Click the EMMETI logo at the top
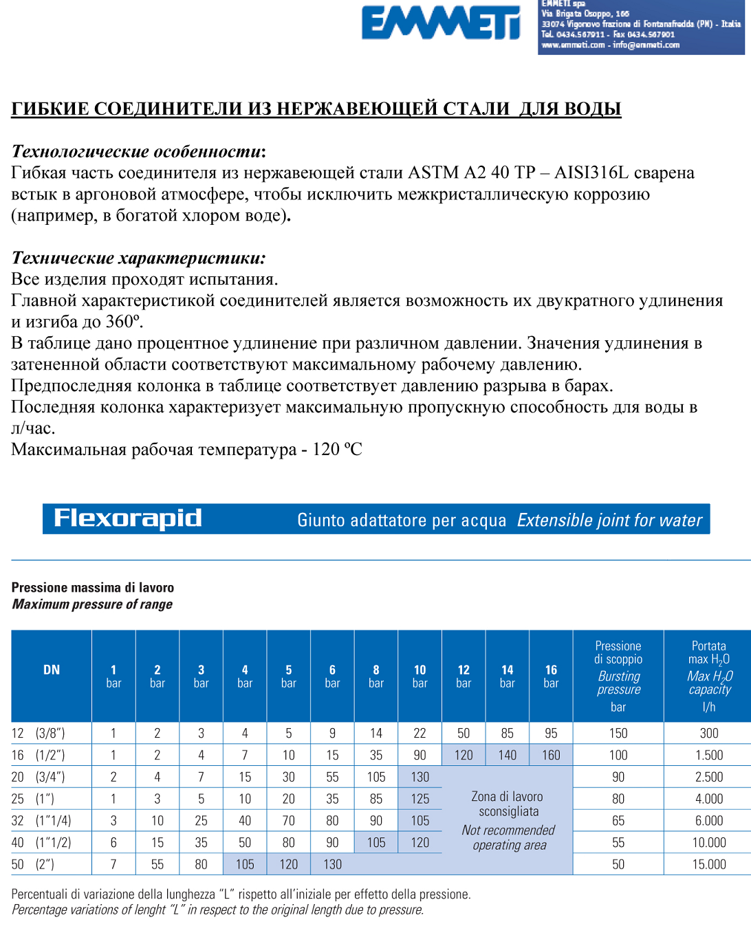(x=441, y=23)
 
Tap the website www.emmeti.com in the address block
(x=573, y=45)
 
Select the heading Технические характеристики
(x=138, y=258)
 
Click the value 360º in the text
(x=124, y=322)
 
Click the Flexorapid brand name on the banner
(x=128, y=518)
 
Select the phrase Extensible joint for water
(x=609, y=520)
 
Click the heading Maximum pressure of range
(x=92, y=604)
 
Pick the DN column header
(x=52, y=670)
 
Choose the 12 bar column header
(x=464, y=676)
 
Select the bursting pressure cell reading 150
(x=618, y=734)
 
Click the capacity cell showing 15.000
(x=709, y=864)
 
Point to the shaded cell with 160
(x=551, y=755)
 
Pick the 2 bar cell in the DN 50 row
(x=157, y=864)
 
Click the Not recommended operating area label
(x=509, y=837)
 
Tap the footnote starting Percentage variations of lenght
(x=217, y=910)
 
